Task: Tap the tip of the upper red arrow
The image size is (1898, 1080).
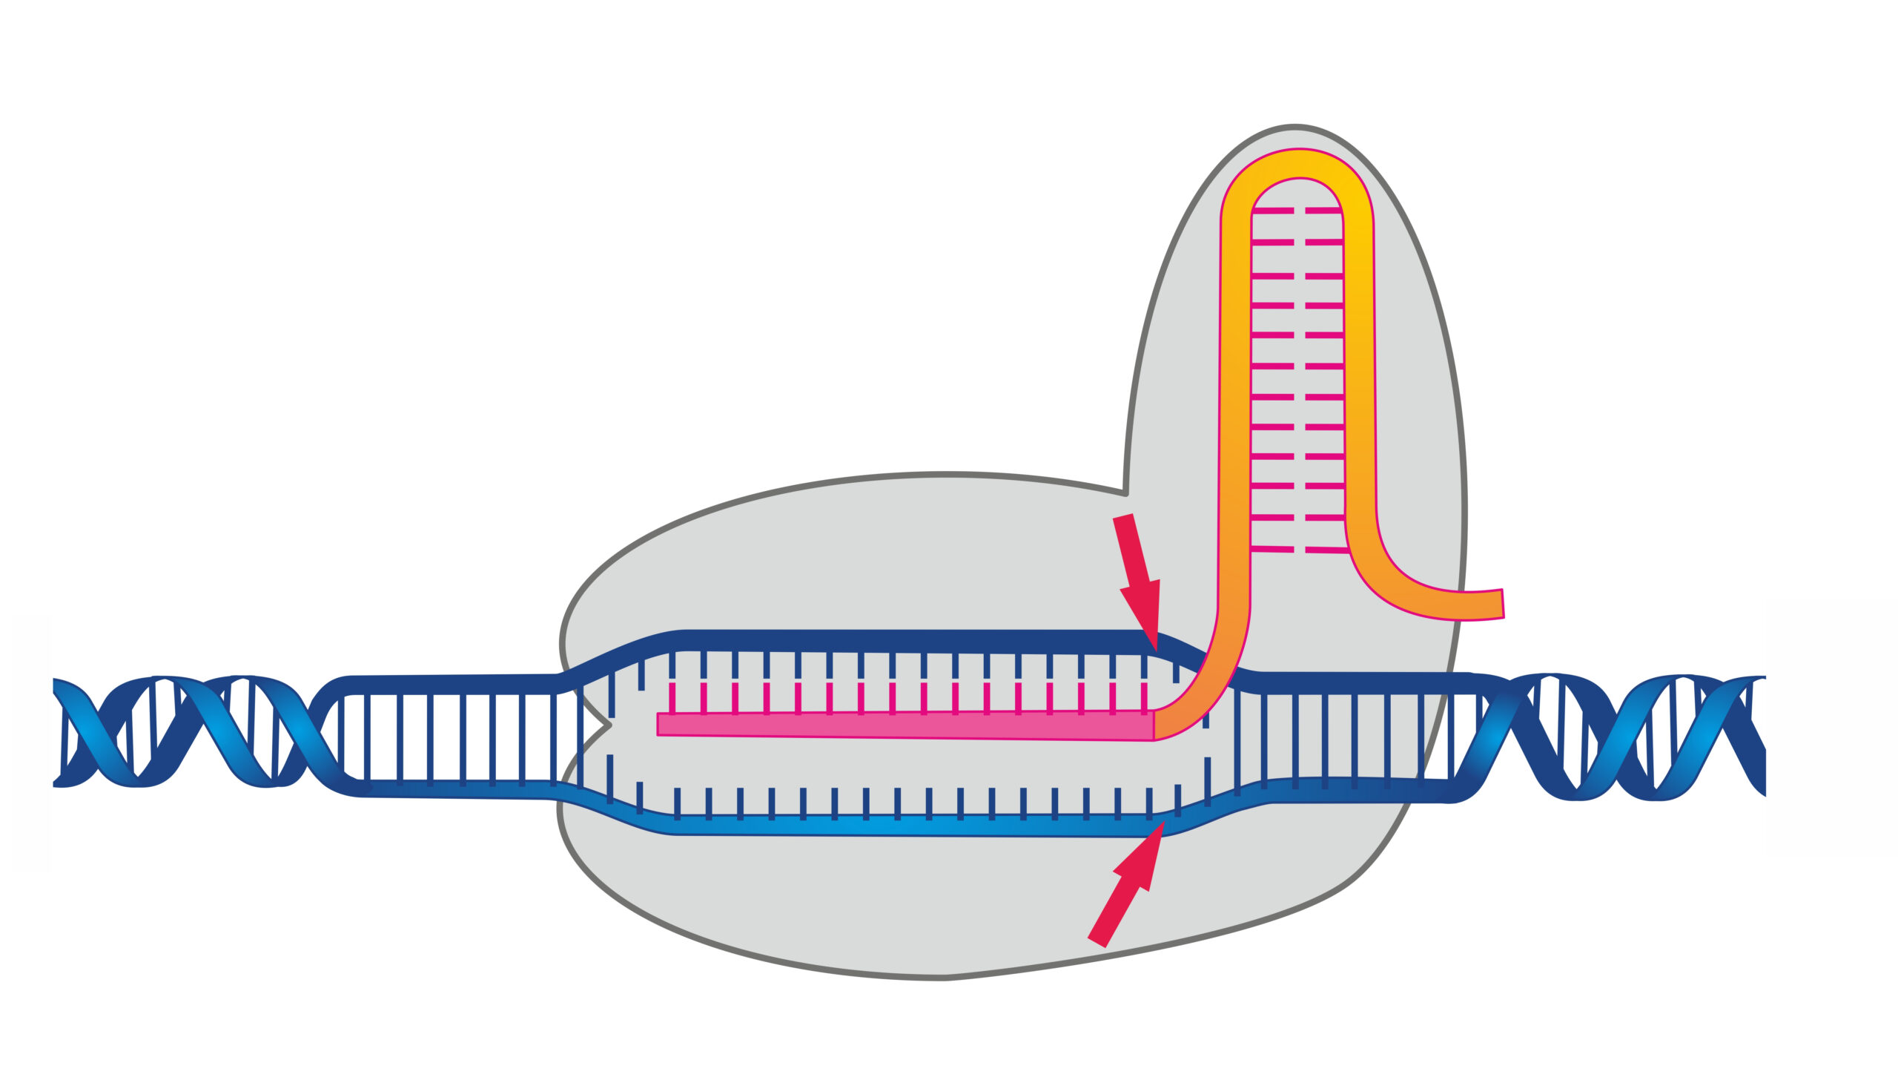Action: pyautogui.click(x=1156, y=650)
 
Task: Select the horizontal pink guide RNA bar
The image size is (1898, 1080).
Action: pyautogui.click(x=905, y=725)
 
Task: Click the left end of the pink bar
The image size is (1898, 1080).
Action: pyautogui.click(x=660, y=724)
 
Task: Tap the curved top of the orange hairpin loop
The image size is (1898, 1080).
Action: pyautogui.click(x=1297, y=164)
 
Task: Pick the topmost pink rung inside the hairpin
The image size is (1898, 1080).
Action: pyautogui.click(x=1297, y=211)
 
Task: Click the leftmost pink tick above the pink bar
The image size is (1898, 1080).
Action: pyautogui.click(x=672, y=697)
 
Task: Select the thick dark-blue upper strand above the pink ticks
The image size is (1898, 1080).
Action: pyautogui.click(x=890, y=642)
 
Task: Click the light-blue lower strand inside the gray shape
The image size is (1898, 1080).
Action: pyautogui.click(x=890, y=824)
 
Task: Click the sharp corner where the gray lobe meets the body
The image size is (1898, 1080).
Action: pyautogui.click(x=1125, y=493)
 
